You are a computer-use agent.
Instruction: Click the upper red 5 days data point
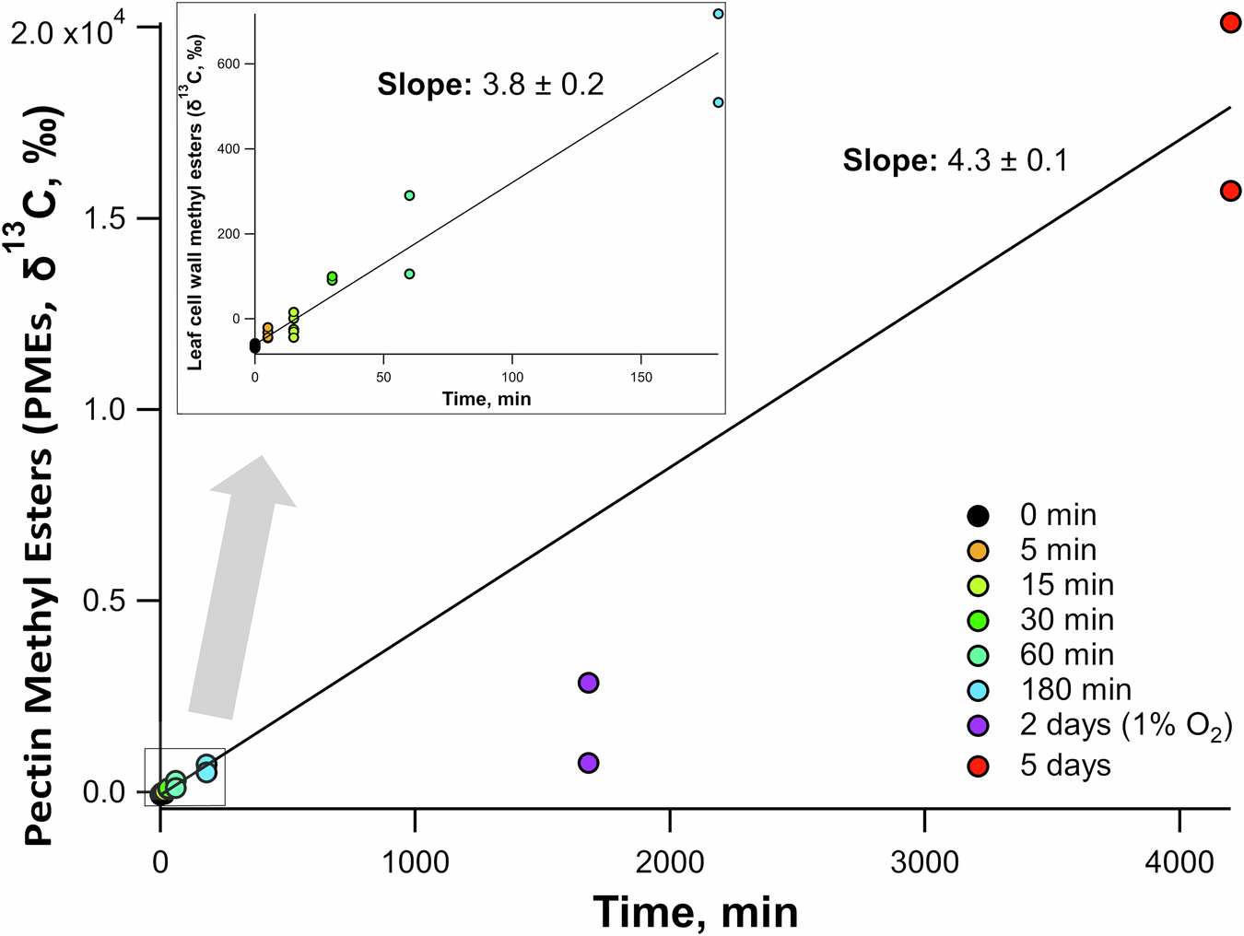1230,22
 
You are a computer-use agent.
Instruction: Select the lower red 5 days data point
1230,191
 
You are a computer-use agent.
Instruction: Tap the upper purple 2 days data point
588,683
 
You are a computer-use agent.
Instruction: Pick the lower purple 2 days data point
588,763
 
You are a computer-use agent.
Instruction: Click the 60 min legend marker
978,656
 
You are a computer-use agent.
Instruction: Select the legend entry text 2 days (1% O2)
1125,726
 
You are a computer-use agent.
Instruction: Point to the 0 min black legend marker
978,516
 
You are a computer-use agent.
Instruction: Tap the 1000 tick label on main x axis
415,862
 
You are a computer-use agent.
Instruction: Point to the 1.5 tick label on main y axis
103,218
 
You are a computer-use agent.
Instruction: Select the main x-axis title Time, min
696,912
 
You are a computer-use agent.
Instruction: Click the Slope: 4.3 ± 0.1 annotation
955,161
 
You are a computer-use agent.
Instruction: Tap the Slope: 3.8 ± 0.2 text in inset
490,85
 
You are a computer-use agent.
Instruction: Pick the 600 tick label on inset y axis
229,64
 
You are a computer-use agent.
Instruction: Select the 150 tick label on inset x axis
640,377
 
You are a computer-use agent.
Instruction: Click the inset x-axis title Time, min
487,399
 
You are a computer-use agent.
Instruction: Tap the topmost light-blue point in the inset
718,14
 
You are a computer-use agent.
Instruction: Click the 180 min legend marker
978,691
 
